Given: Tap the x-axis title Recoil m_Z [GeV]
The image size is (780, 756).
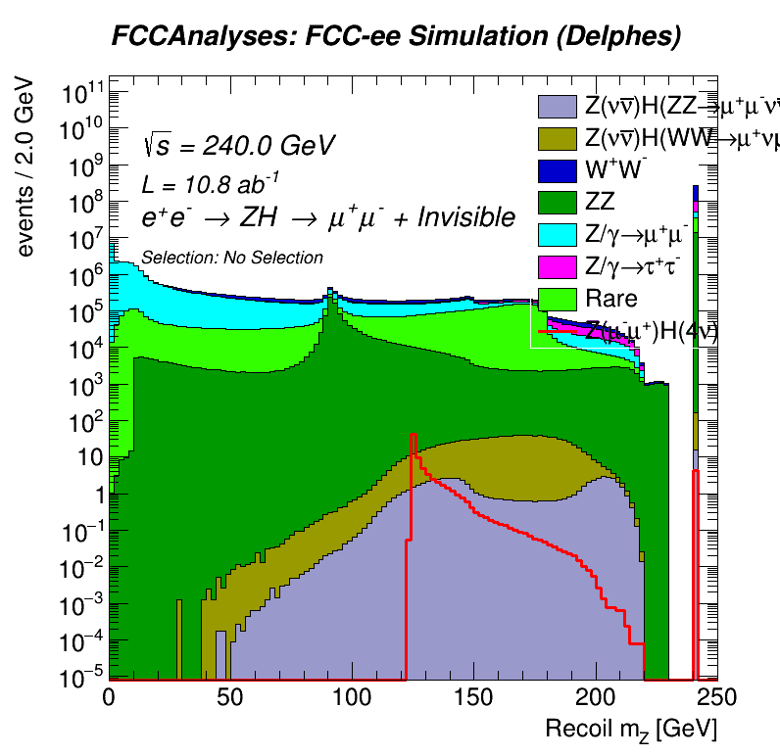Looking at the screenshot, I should point(631,728).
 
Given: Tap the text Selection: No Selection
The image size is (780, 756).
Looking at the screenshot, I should point(232,258).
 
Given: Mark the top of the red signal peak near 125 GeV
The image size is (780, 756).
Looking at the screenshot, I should point(414,434).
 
